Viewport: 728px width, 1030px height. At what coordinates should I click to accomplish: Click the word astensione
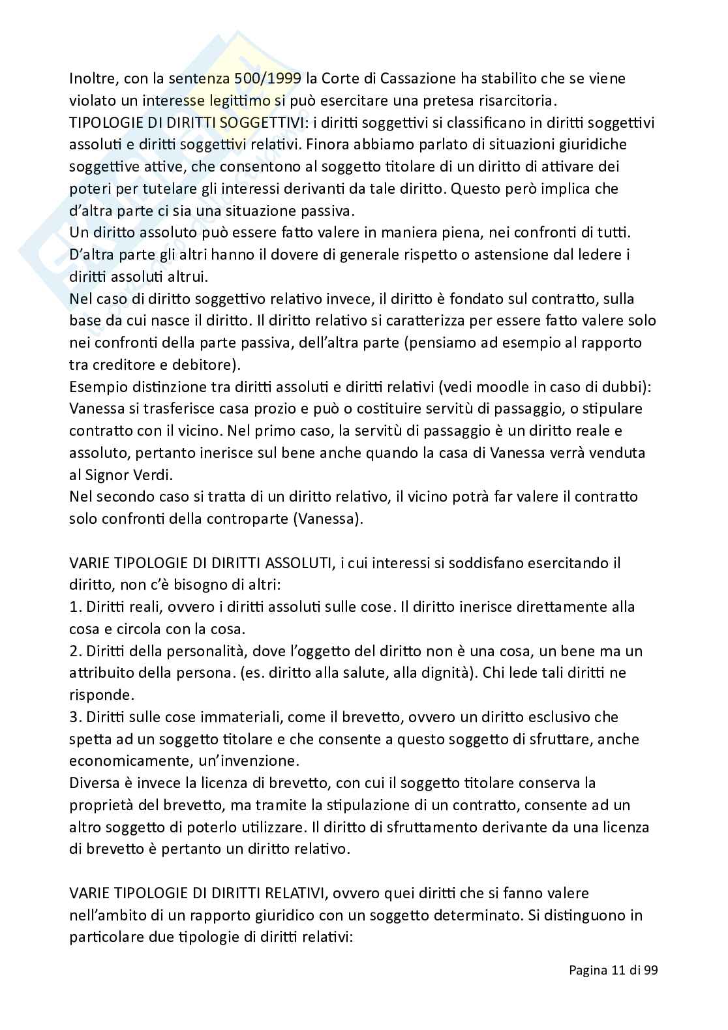[x=513, y=254]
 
